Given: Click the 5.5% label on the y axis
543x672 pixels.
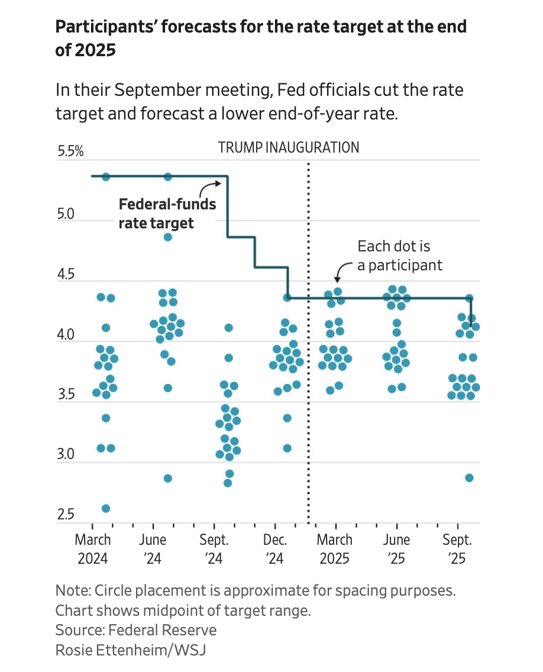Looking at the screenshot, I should (70, 152).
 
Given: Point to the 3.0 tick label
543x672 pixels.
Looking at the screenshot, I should (67, 455).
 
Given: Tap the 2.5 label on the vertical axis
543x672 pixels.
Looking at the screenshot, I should (67, 515).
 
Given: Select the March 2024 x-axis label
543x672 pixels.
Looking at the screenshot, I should (93, 548).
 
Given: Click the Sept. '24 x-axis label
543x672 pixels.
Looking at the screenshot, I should (214, 548).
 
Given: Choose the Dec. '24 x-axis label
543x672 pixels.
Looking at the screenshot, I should (274, 548).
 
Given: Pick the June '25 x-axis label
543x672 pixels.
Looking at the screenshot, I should (396, 548).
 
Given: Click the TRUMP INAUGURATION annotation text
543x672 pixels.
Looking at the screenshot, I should (289, 147).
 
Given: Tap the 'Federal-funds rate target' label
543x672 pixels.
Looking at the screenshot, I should (167, 214).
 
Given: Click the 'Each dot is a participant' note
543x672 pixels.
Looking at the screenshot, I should (399, 256).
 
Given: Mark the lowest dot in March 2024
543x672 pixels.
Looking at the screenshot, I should (106, 508).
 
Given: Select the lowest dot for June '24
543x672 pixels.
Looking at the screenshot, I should (167, 478).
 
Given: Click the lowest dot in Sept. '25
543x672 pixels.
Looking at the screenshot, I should (469, 477).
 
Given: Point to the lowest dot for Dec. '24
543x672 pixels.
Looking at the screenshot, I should (287, 448).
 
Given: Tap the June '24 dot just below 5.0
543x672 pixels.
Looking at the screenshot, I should (167, 237).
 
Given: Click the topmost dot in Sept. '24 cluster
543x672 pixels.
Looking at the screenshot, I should (228, 328).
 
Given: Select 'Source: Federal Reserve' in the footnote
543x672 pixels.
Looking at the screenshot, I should (136, 629).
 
